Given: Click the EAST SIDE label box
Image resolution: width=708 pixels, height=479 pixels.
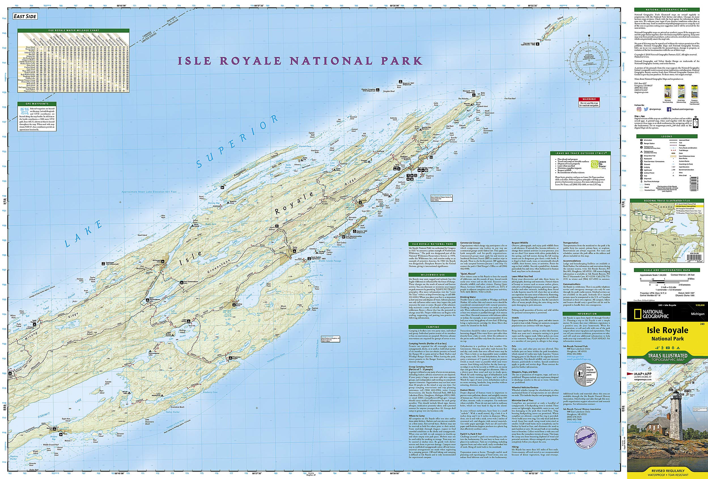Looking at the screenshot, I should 25,16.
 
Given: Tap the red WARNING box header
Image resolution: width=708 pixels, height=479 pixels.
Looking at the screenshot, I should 589,99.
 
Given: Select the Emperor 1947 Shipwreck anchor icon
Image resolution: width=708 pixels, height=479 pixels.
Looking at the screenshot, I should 399,82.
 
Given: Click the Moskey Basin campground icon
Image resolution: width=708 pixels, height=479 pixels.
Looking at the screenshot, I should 234,304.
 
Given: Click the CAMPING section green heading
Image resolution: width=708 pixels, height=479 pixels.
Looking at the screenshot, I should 433,327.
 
